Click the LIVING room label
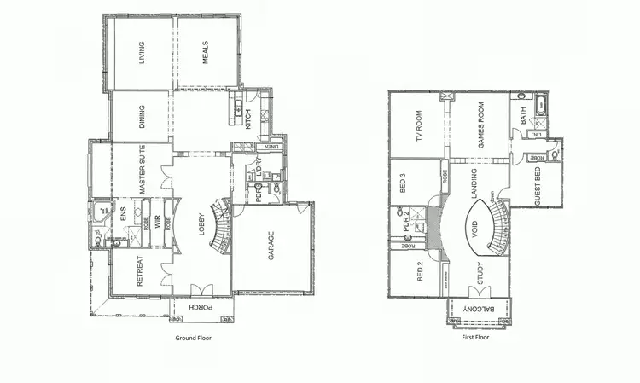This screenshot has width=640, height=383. tap(143, 53)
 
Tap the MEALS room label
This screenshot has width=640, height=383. tap(206, 53)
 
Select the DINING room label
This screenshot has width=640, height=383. tap(141, 118)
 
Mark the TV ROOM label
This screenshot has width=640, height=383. tap(419, 128)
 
